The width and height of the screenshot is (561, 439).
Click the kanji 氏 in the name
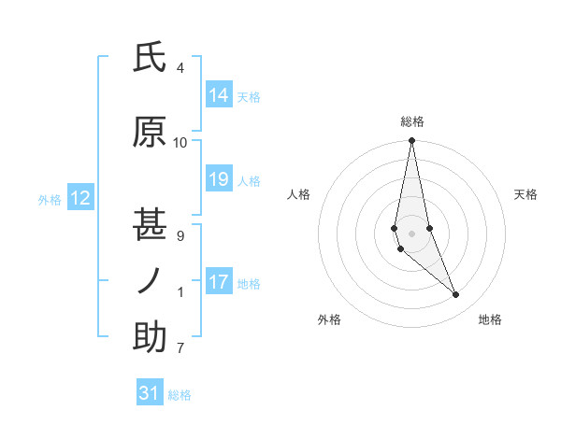coord(151,60)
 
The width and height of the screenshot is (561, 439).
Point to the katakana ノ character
coord(151,281)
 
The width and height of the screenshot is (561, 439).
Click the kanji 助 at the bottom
coord(151,338)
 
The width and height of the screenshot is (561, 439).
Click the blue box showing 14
coord(219,95)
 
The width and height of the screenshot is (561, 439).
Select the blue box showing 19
coord(219,179)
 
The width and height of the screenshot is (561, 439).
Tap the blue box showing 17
coord(219,282)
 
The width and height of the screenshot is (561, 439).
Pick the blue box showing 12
coord(80,198)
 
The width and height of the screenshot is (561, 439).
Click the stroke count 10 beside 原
coord(180,143)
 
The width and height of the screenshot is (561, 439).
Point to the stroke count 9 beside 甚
coord(180,236)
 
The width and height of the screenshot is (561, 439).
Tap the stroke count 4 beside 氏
coord(180,68)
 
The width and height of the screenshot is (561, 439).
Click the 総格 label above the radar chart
coord(412,121)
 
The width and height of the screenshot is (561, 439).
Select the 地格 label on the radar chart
coord(490,319)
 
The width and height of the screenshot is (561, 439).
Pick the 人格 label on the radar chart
coord(298,194)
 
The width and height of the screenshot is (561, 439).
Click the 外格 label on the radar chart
coord(329,319)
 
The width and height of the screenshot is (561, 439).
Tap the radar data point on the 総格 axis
coord(412,141)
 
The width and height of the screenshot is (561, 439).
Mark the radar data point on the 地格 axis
coord(456,295)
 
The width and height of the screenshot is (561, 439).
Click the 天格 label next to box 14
coord(249,96)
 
